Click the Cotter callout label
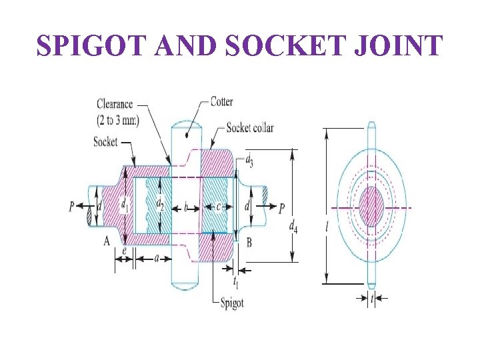(x=222, y=102)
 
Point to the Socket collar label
(x=250, y=127)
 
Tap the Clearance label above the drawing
(x=115, y=104)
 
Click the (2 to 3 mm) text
(x=117, y=120)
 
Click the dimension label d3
(x=249, y=161)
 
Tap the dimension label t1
(x=236, y=281)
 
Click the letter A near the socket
(x=107, y=241)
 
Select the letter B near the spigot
(x=249, y=243)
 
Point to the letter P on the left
(x=71, y=207)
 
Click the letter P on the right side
(x=281, y=208)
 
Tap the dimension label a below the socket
(x=155, y=258)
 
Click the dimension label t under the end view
(x=371, y=299)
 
